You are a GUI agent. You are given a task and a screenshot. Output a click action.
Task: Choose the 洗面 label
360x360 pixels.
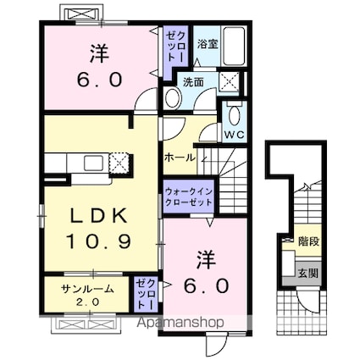click(x=193, y=82)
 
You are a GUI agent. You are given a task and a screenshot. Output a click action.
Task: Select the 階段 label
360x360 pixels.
click(x=308, y=242)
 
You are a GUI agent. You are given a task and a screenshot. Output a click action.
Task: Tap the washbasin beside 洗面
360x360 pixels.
click(x=172, y=98)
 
